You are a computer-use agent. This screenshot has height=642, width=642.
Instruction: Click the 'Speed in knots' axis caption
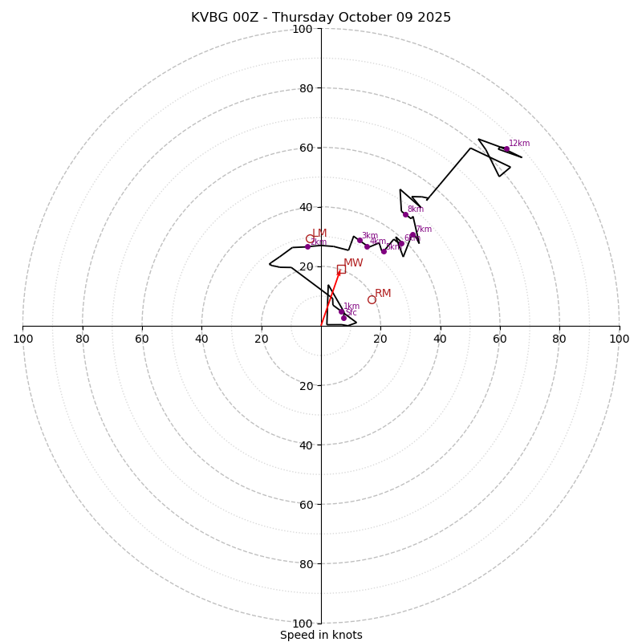(321, 635)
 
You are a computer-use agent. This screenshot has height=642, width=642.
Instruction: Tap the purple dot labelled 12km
(506, 148)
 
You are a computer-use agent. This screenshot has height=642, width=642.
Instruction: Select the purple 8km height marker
(405, 214)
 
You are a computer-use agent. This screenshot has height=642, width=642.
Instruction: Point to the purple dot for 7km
(412, 235)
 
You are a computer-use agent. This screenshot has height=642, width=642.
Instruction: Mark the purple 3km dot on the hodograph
(360, 240)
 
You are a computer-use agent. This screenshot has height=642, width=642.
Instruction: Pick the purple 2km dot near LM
(307, 246)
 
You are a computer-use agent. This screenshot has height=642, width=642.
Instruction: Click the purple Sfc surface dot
(343, 318)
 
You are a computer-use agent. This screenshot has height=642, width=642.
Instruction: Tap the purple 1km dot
(341, 311)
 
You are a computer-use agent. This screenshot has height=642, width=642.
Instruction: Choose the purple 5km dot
(384, 251)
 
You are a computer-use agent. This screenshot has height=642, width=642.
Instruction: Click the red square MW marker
(341, 270)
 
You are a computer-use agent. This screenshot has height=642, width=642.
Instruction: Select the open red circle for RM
(372, 299)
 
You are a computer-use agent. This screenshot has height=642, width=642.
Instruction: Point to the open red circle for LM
(310, 238)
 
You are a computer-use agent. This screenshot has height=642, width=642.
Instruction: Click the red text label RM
(383, 294)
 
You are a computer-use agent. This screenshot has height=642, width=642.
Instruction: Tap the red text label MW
(353, 263)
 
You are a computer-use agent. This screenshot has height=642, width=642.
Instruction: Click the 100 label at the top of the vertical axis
(303, 30)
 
